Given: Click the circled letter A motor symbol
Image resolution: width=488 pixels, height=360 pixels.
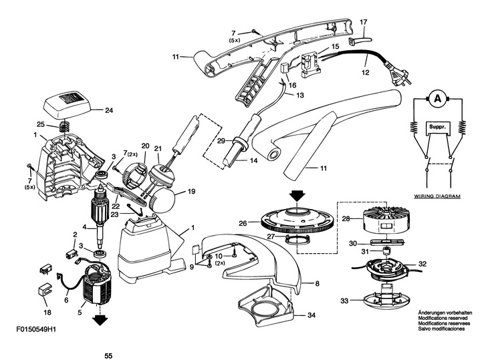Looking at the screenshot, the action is pos(438,99).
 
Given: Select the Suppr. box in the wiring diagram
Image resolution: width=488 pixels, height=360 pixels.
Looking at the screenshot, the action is pos(438,128).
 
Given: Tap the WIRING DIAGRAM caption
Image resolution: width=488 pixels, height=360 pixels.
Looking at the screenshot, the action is pos(437,196).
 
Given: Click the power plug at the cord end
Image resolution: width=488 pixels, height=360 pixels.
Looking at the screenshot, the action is pos(402,75).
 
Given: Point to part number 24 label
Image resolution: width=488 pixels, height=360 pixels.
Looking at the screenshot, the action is pos(109,110).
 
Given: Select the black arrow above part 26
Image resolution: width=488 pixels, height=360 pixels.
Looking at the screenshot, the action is pos(297,196).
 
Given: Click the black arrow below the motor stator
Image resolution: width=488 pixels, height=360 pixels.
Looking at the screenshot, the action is pos(100,319).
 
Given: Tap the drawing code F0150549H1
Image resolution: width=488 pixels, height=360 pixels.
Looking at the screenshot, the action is pos(36,329).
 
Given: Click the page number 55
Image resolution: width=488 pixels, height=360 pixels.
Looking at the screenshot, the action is pos(108,356).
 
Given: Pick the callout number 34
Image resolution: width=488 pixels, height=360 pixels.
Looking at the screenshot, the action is pos(312,315).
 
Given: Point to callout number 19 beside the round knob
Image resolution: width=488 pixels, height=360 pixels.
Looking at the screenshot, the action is pos(191,191).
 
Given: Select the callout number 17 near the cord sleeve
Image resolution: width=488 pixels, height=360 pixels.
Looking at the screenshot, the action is pos(364,22).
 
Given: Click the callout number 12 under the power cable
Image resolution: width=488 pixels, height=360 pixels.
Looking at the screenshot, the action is pos(366,72).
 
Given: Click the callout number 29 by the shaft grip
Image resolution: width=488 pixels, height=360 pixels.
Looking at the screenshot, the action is pos(221,141).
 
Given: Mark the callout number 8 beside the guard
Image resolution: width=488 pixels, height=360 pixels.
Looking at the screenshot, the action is pos(317,283).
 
